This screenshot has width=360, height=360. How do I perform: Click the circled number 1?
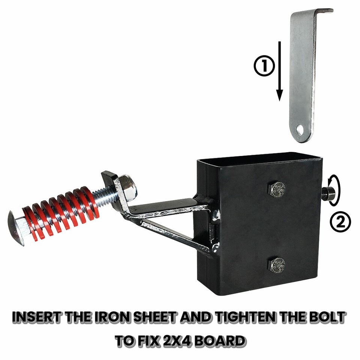pos(264,66)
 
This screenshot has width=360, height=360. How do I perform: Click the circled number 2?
pos(340,222)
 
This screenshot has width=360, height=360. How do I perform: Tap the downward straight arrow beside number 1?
pos(279,71)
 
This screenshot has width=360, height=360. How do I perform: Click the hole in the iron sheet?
pos(300,130)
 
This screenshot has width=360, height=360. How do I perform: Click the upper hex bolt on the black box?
pos(277,189)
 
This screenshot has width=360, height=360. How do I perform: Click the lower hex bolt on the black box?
pos(277,265)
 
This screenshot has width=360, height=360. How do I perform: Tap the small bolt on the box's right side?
pos(328,193)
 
